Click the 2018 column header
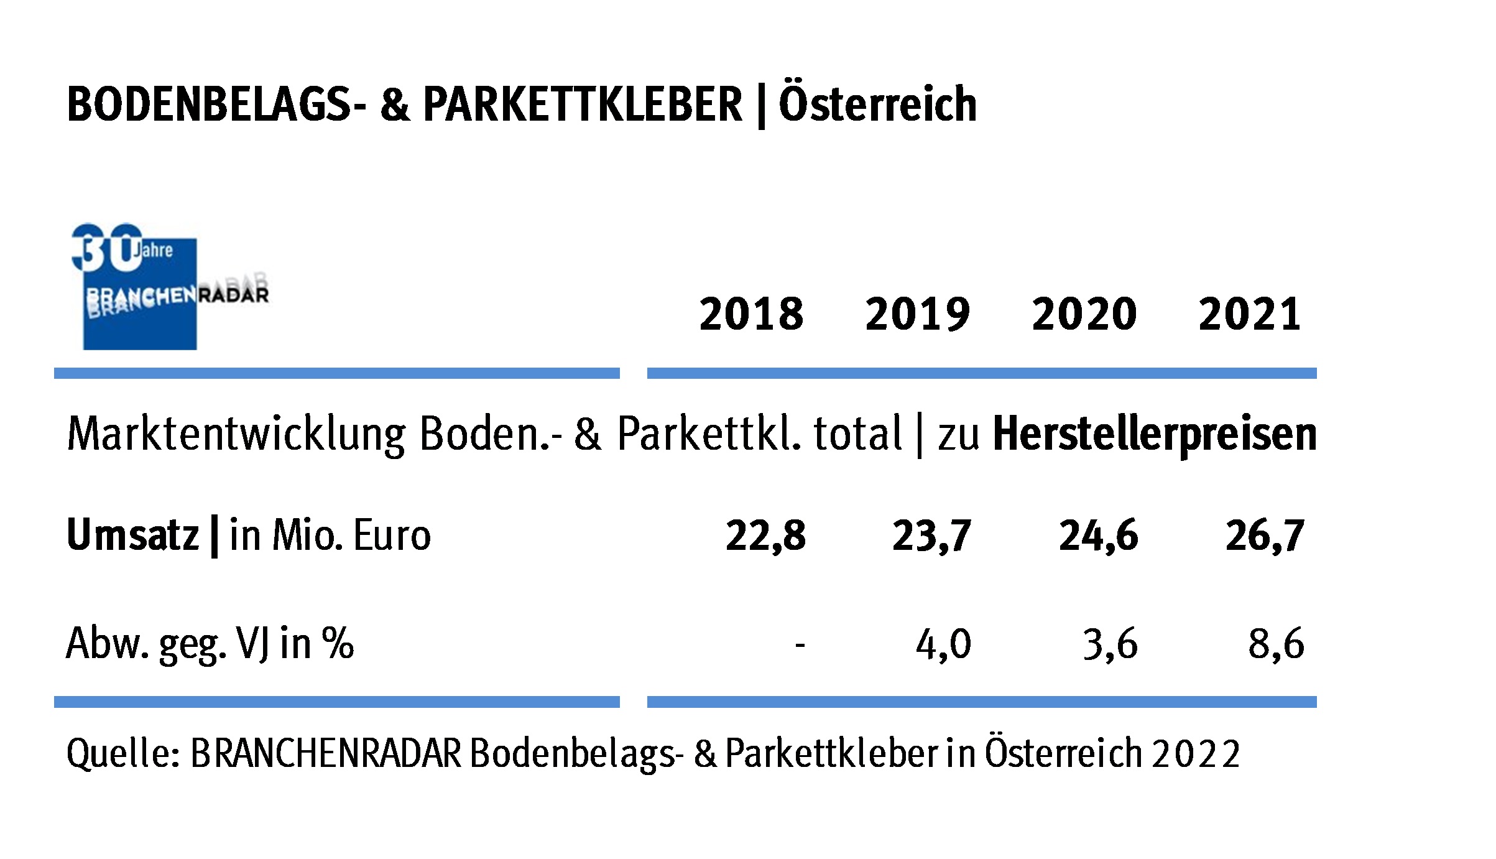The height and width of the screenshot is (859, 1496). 751,314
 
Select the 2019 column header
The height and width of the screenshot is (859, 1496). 917,314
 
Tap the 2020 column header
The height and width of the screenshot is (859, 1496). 1084,314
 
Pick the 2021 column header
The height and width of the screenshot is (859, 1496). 1250,314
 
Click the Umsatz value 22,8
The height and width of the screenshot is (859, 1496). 765,536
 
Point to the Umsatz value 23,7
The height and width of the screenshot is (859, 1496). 931,536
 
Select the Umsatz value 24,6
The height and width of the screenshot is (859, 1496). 1098,536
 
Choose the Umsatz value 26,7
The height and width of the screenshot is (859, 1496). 1265,536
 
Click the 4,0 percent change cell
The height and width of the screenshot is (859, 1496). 943,644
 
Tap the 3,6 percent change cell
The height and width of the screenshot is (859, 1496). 1110,644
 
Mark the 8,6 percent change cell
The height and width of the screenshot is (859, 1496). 1276,644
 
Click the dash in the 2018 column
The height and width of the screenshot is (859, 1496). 800,645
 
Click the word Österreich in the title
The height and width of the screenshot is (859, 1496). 877,103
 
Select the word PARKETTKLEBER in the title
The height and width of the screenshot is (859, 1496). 583,104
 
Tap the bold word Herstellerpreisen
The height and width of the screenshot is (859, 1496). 1155,434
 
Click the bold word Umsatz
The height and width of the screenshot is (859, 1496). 132,535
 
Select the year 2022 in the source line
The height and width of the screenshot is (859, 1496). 1195,755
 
